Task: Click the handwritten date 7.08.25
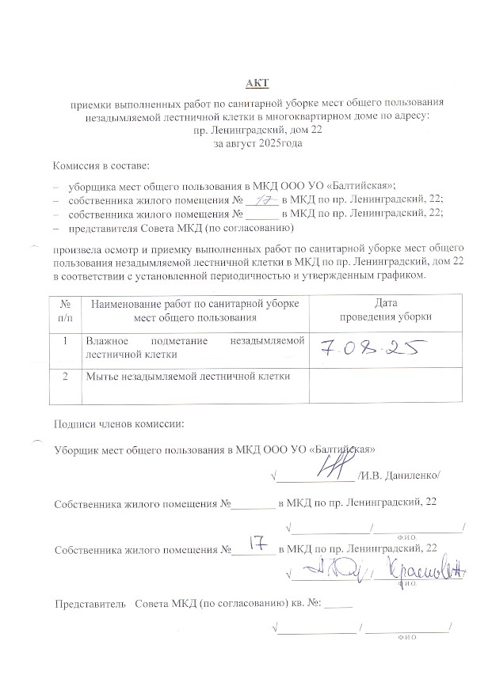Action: coord(371,348)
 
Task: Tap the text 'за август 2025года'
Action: coord(246,144)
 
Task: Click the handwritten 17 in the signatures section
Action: coord(256,543)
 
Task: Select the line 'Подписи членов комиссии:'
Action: coord(118,423)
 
